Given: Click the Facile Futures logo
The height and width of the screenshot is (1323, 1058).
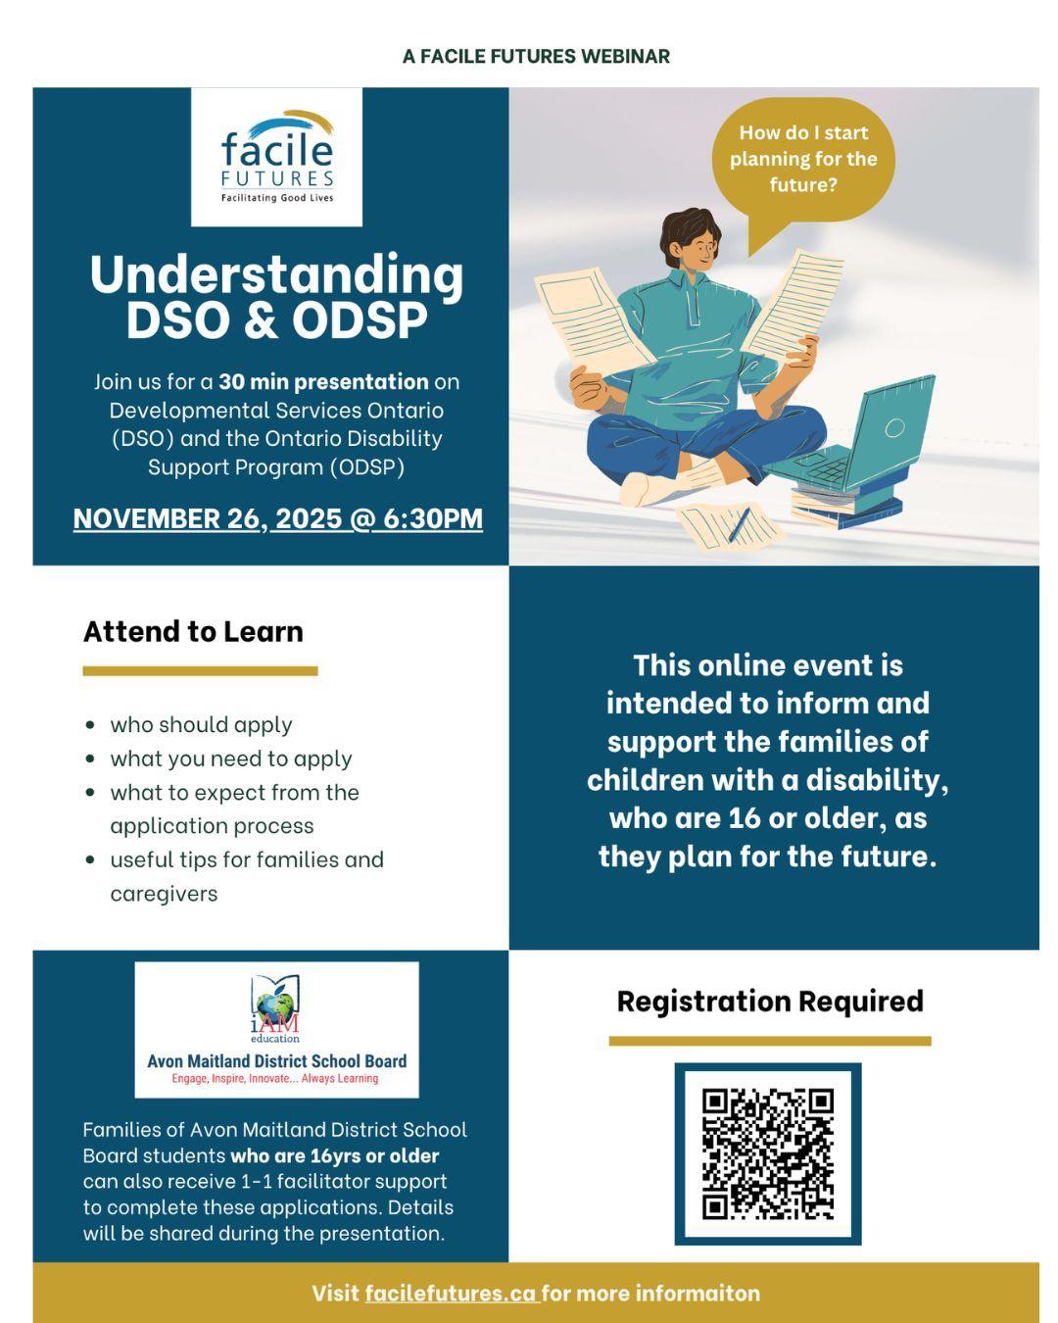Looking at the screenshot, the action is point(276,157).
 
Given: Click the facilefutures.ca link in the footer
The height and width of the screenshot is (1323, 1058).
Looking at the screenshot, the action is point(452,1293).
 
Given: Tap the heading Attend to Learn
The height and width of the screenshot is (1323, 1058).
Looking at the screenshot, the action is point(193,631).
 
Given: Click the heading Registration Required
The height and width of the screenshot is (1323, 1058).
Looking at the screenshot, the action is point(770,1001).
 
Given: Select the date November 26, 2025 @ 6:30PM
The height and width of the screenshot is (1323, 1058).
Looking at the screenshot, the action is point(278,518).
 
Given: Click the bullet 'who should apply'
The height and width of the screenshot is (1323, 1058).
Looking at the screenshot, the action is point(201,725).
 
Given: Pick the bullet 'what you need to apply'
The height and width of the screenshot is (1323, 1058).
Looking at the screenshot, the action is point(230,759).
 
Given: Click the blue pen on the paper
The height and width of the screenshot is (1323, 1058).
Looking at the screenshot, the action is point(739,523).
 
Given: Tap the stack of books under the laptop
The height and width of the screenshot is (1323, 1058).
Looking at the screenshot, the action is point(845,504).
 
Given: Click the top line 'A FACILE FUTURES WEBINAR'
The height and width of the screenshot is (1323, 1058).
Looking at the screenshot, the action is point(536,57).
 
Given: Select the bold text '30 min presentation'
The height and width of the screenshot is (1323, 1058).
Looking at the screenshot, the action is point(323,382).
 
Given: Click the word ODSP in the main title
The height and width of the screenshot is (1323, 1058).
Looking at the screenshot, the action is point(359,319).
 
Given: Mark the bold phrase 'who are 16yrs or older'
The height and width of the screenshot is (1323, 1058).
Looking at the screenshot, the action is point(334,1155).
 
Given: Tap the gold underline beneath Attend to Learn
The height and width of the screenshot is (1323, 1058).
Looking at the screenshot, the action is point(201,671).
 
